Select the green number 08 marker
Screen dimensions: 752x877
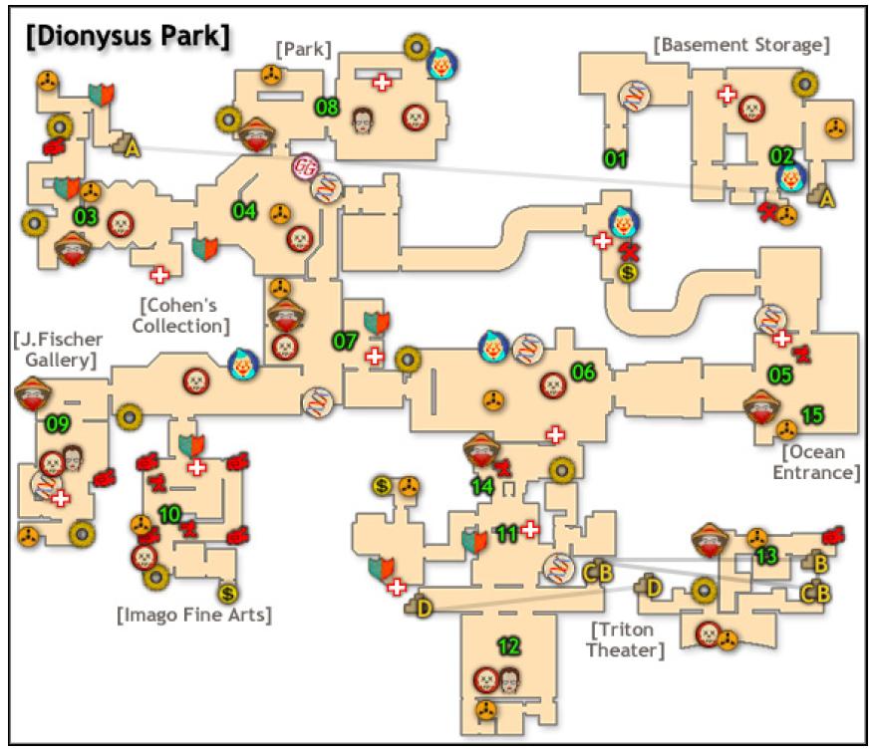coord(327,105)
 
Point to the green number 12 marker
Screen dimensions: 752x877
coord(509,647)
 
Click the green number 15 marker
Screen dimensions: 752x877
coord(813,413)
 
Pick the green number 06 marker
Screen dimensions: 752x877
coord(583,372)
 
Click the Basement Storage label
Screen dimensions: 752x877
coord(742,44)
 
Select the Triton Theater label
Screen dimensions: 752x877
coord(628,640)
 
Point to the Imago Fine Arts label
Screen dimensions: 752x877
coord(194,615)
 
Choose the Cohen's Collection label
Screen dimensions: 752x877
coord(185,314)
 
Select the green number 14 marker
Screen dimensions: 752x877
coord(482,487)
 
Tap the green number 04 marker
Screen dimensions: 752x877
coord(244,211)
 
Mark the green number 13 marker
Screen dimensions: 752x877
coord(766,557)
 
